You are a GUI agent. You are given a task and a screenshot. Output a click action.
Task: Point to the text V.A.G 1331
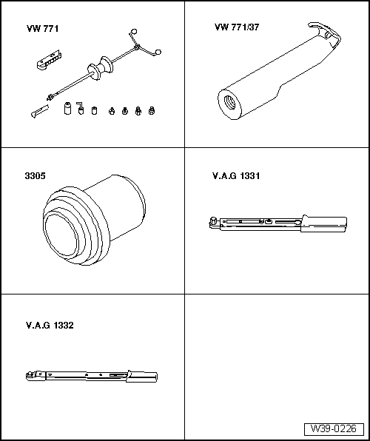point(235,177)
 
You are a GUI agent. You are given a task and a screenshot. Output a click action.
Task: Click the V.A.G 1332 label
point(50,325)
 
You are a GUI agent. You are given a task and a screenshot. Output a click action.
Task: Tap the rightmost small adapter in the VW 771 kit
point(152,111)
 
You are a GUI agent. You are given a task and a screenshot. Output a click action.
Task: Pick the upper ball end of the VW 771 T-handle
point(132,31)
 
